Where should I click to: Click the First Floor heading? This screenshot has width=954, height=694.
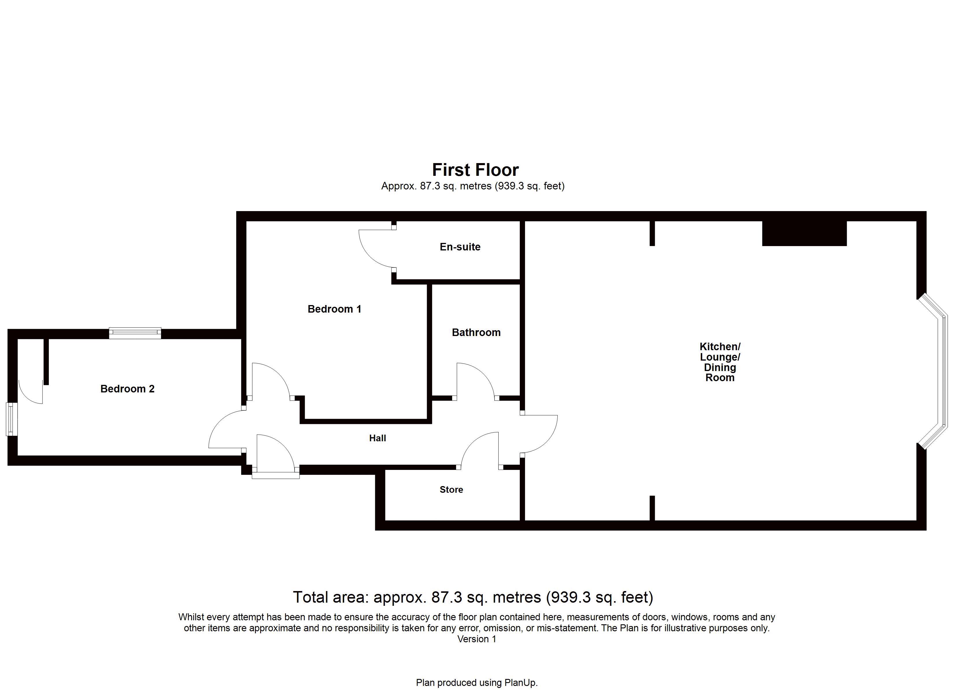[x=475, y=170]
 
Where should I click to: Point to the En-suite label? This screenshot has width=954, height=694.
[x=460, y=247]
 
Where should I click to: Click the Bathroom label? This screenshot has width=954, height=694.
[x=476, y=333]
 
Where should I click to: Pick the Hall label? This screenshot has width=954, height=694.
[x=377, y=438]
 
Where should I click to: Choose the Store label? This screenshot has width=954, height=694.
[x=451, y=490]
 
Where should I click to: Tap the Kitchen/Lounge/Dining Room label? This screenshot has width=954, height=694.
[x=720, y=362]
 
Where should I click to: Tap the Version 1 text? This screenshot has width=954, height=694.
[x=477, y=639]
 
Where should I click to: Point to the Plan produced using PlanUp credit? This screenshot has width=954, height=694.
[x=477, y=683]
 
